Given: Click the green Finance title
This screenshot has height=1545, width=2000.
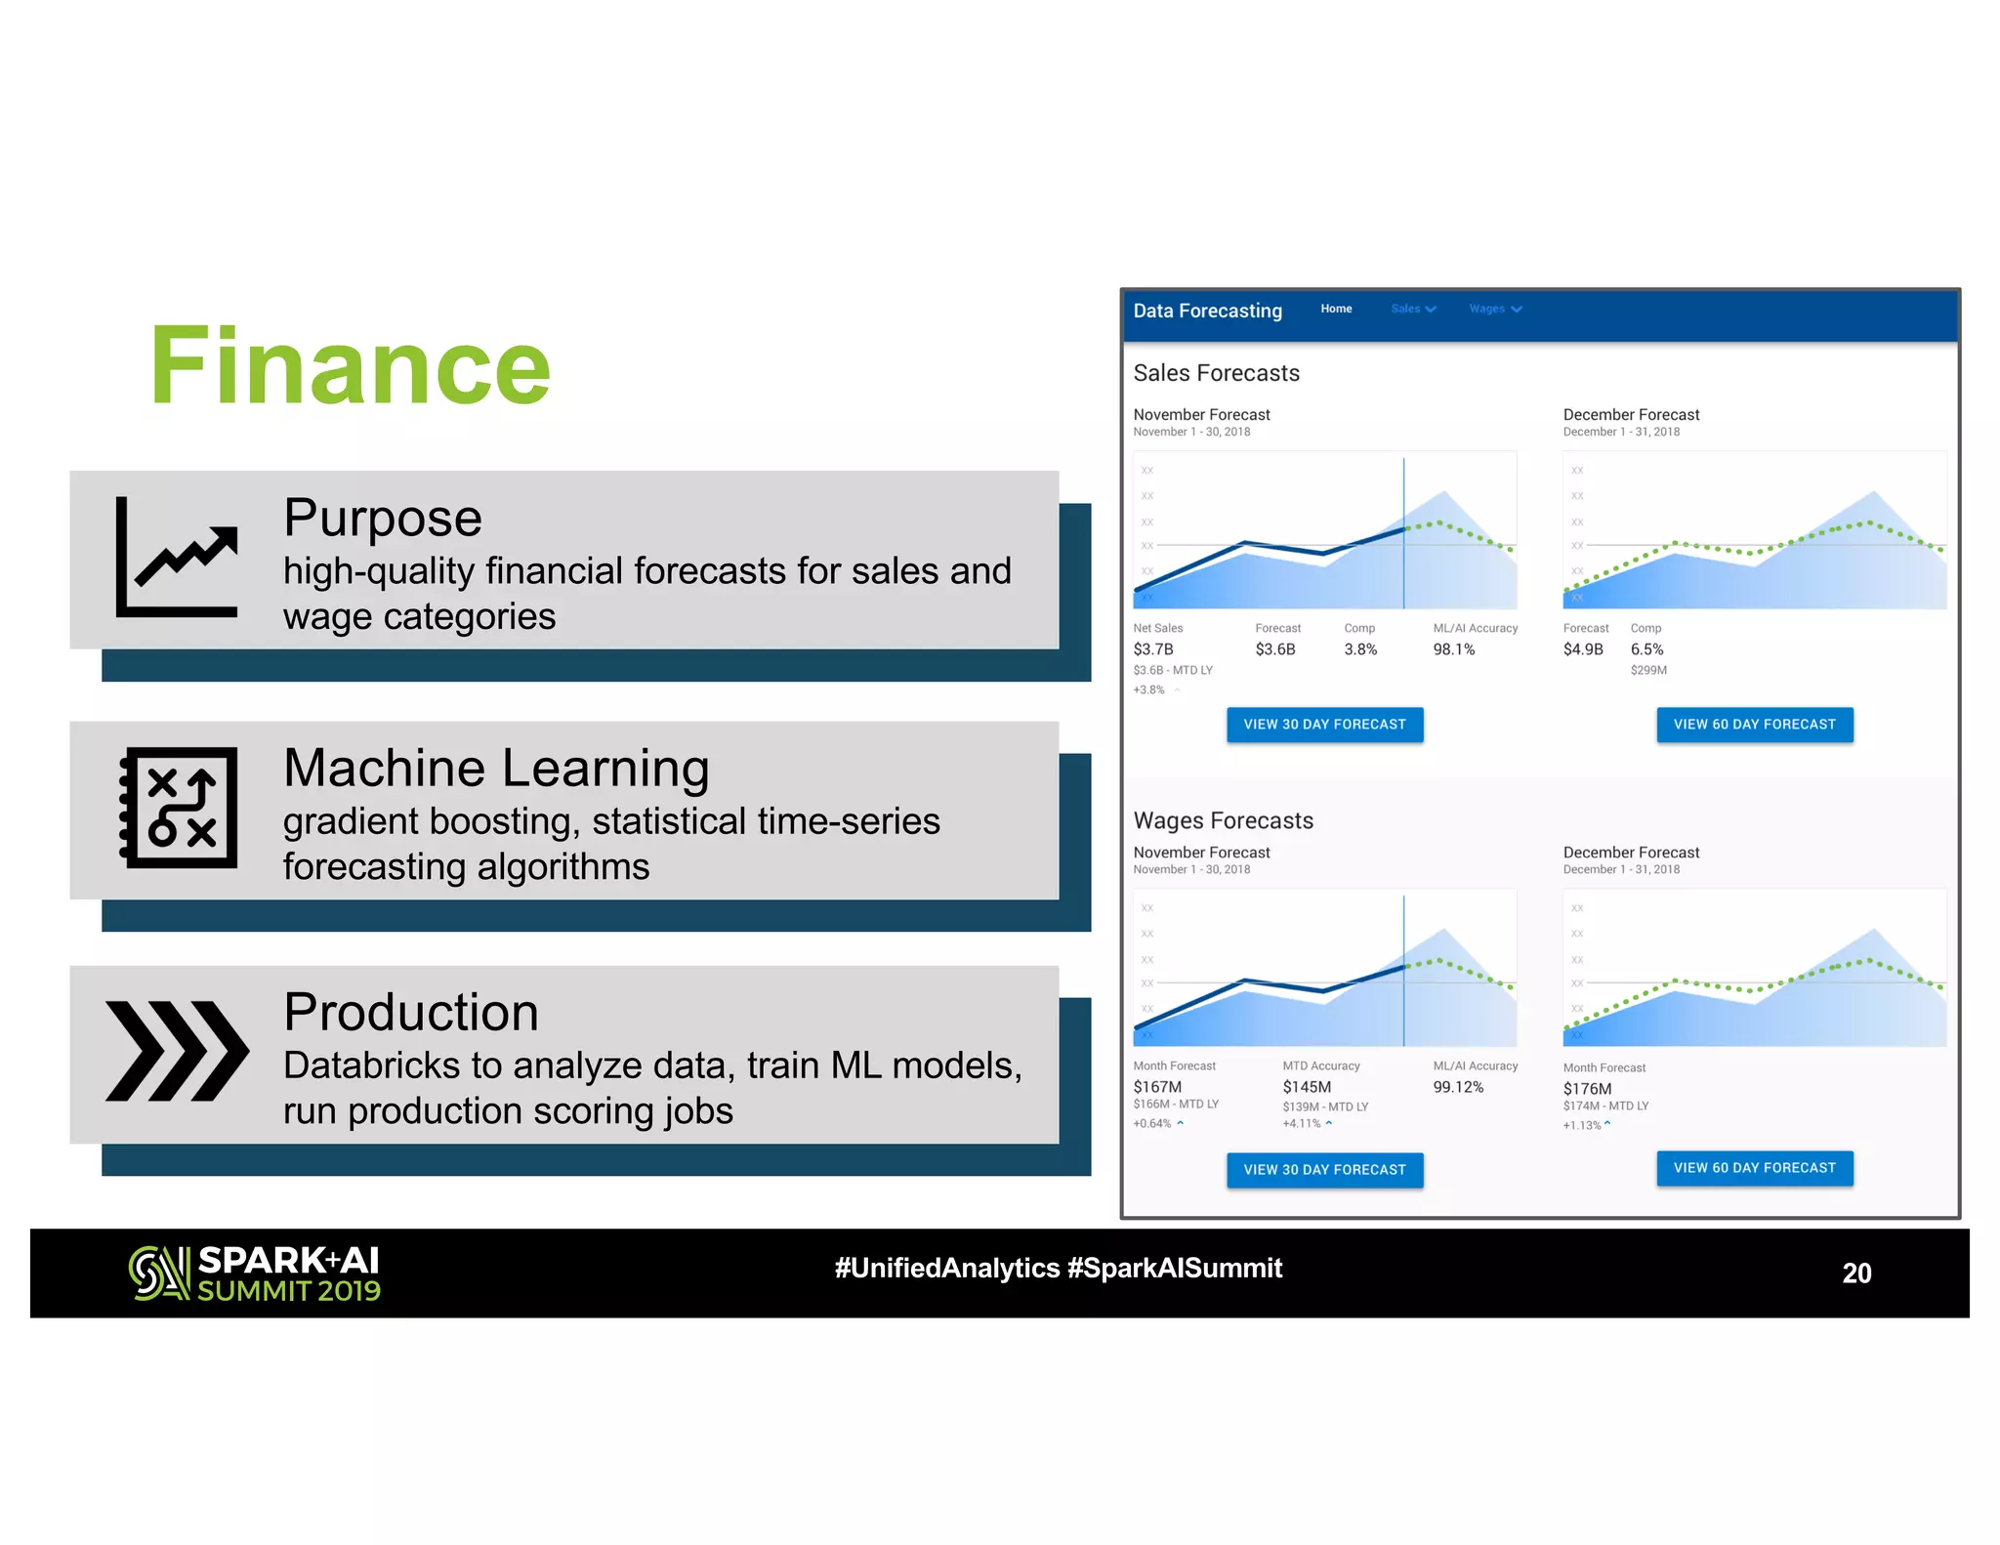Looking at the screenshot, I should pos(350,366).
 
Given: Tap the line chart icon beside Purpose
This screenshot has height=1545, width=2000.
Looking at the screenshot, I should pos(177,558).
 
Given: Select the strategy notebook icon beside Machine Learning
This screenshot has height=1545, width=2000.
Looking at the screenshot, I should pos(179,808).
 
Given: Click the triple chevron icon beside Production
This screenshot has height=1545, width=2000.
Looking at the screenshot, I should pos(177,1051).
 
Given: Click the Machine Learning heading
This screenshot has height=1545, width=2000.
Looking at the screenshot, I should pos(496,768).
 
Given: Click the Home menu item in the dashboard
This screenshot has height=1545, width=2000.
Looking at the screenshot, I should pos(1336,309).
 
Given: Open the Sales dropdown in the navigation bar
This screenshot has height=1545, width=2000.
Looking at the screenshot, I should pos(1412,309).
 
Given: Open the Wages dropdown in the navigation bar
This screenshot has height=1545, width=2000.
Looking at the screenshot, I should pos(1494,309).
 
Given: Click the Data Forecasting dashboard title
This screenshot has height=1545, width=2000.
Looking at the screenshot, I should pos(1207,311).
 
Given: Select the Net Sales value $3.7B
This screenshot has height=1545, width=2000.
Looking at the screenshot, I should pos(1153,649).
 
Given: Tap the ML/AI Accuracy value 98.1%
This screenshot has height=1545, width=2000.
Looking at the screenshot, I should pos(1453,649).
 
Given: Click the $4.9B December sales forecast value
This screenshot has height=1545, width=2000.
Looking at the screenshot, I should pos(1582,649).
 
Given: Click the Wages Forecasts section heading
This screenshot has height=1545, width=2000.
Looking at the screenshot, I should pos(1223,820).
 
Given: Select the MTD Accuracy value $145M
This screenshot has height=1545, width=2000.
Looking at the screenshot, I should pos(1307,1087).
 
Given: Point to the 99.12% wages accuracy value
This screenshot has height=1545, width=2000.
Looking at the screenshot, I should pos(1458,1087).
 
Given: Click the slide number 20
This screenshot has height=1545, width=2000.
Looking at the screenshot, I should pos(1855,1273).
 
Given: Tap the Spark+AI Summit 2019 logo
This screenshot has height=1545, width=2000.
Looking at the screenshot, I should pos(255,1274).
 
